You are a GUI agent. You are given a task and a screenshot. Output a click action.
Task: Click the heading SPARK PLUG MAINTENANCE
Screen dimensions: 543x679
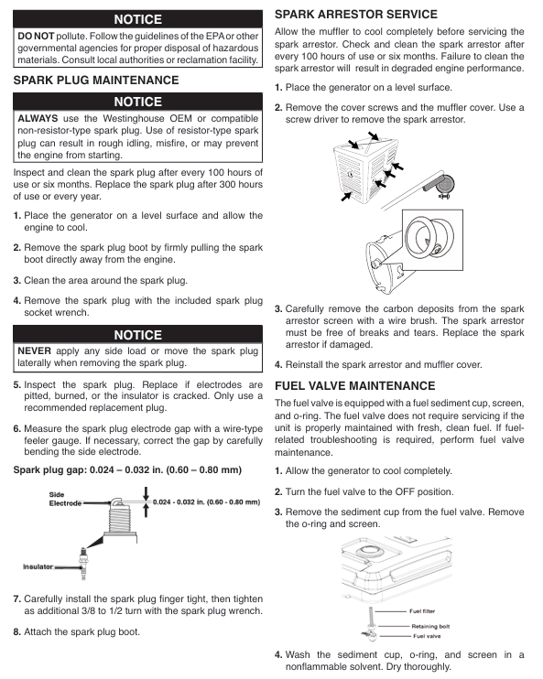(96, 81)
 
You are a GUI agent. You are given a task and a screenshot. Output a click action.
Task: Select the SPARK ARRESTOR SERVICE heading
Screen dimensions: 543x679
(356, 15)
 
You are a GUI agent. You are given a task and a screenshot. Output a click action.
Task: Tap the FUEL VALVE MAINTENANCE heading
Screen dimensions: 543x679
(355, 385)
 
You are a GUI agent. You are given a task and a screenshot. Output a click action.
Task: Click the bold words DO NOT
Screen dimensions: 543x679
(36, 36)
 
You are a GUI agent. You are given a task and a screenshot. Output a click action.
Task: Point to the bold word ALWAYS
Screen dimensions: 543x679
(38, 118)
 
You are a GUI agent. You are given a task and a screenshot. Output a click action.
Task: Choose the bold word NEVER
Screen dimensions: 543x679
(34, 350)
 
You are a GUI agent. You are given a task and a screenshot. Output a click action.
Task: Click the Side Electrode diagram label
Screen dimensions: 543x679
(65, 499)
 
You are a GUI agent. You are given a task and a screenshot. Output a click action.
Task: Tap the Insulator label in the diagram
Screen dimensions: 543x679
(38, 566)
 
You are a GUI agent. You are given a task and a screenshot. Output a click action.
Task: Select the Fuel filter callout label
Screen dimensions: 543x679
(422, 611)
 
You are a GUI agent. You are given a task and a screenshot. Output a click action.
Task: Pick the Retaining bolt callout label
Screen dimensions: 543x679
(430, 626)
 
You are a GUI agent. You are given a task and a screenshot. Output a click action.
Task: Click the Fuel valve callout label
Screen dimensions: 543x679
(427, 636)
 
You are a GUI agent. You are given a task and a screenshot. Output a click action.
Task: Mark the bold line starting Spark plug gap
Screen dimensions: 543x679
(127, 469)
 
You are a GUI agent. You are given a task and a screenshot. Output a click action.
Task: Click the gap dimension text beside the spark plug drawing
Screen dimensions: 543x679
(206, 501)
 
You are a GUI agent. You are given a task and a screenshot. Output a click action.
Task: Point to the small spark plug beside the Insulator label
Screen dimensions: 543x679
(83, 563)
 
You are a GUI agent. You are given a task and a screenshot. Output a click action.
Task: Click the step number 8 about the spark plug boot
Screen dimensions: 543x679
(16, 631)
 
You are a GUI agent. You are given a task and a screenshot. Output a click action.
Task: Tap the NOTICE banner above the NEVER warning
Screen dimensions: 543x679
(137, 335)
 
